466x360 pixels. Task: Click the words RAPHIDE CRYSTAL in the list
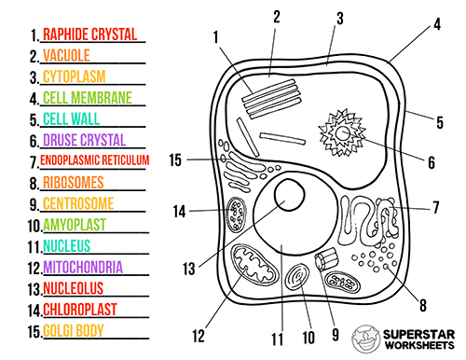tap(89, 35)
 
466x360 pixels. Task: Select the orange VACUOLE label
tap(66, 56)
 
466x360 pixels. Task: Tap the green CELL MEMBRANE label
tap(88, 97)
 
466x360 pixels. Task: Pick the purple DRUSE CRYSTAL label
tap(85, 140)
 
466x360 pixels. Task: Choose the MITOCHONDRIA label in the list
tap(83, 268)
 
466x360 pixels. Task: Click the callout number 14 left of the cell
tap(180, 212)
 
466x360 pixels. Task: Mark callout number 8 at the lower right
tap(423, 303)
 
